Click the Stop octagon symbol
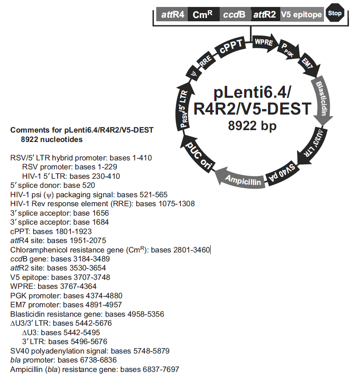point(335,14)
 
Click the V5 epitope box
point(301,15)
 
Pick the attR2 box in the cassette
point(265,15)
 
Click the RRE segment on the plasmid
point(206,61)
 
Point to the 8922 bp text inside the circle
point(252,126)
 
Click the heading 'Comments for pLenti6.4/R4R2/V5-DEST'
point(82,131)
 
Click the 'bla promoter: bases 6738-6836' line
point(63,360)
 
